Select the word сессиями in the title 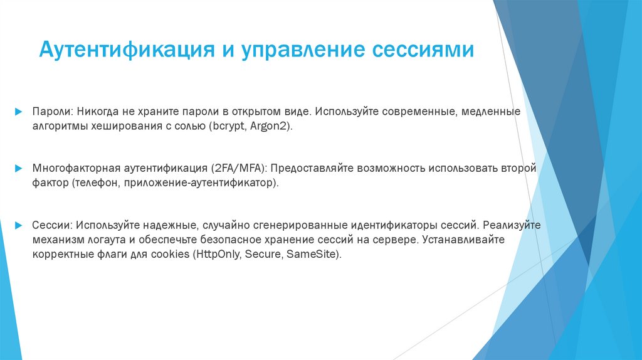(x=427, y=50)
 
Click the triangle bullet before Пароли (x=19, y=111)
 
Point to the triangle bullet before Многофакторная (x=19, y=169)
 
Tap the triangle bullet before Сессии (x=19, y=225)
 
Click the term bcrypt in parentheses (x=231, y=126)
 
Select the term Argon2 (x=270, y=126)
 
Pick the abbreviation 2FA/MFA (x=239, y=169)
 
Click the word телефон (x=95, y=183)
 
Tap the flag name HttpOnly (x=220, y=255)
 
